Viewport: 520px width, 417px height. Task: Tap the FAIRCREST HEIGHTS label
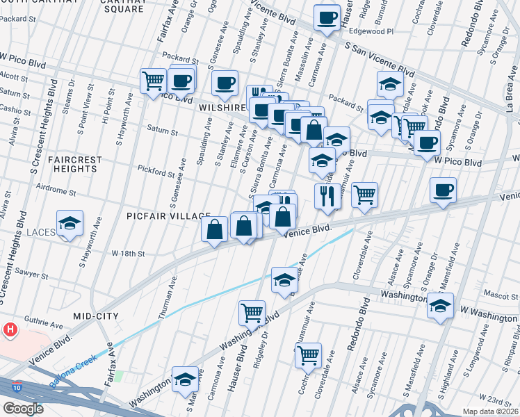(74, 164)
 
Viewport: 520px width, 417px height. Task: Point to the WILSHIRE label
(223, 108)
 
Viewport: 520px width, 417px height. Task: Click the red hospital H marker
(10, 329)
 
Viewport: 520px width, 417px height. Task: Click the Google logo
(24, 408)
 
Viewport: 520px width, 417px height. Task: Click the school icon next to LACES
(70, 224)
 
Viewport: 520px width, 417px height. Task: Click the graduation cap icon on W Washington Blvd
(440, 306)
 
